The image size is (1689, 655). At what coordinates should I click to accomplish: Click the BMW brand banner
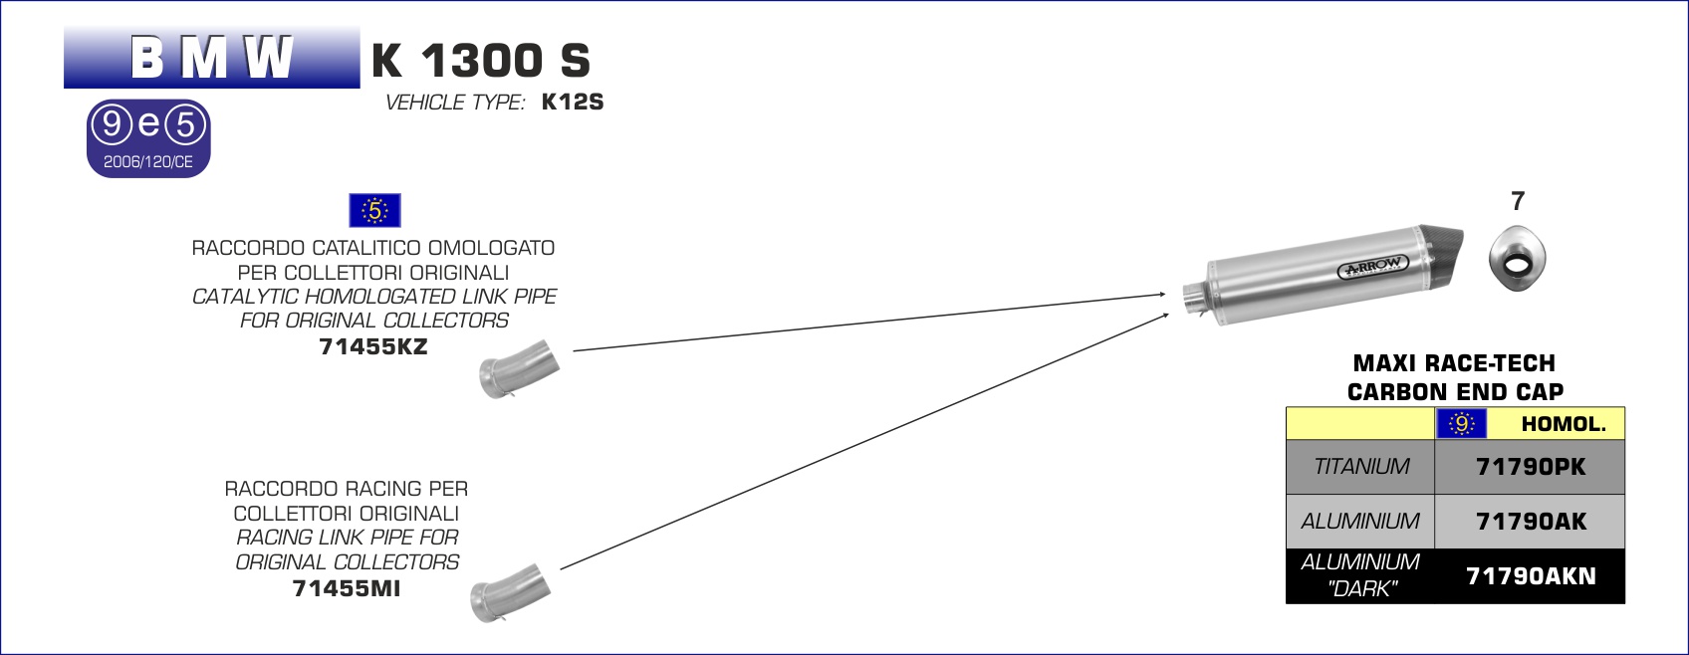(x=212, y=58)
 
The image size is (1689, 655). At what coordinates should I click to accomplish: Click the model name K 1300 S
(x=480, y=61)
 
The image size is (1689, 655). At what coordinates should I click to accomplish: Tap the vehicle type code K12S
(x=573, y=102)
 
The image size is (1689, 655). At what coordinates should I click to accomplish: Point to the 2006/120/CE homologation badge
(x=148, y=138)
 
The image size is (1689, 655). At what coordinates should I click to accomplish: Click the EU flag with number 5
(x=374, y=210)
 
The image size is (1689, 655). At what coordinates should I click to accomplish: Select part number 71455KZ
(x=373, y=346)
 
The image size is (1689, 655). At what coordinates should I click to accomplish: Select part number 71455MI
(x=347, y=588)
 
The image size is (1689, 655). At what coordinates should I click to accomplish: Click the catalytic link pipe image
(x=520, y=369)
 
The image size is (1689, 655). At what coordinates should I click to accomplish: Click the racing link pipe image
(x=511, y=593)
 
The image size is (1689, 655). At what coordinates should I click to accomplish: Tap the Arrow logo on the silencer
(x=1373, y=266)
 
